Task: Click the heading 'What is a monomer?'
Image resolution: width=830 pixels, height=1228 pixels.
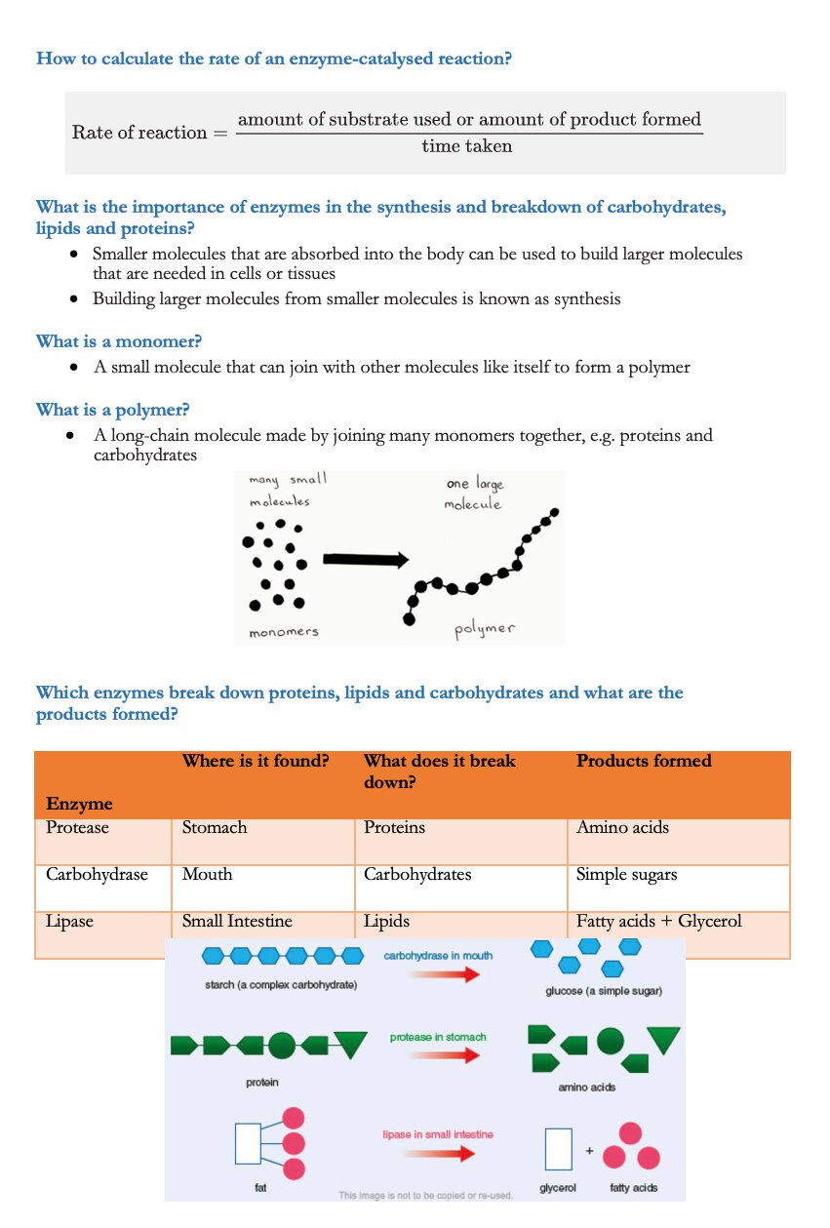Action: point(111,341)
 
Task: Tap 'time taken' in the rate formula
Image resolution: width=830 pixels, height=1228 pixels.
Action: point(466,146)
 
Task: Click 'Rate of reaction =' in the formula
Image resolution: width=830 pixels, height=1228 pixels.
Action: point(149,133)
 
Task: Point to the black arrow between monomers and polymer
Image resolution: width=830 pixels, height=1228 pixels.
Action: point(364,559)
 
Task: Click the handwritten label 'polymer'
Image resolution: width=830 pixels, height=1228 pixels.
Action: point(485,628)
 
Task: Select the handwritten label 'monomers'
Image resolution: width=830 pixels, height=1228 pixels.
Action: point(283,632)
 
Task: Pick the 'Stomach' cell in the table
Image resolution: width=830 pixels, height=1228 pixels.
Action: point(215,827)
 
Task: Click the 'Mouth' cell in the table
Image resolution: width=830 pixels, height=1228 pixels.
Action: point(206,874)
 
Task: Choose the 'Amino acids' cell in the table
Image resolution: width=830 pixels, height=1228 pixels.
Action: point(622,827)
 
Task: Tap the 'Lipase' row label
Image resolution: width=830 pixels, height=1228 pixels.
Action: point(69,921)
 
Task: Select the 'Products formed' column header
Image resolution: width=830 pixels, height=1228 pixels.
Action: point(644,761)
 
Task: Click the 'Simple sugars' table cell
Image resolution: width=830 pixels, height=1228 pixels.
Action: point(626,874)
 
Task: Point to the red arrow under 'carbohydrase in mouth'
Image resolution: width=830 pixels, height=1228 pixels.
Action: point(445,974)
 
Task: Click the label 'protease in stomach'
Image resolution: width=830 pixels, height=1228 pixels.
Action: point(438,1037)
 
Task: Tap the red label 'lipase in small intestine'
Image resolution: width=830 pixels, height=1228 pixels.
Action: point(438,1134)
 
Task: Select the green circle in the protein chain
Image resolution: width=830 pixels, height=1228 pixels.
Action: point(281,1046)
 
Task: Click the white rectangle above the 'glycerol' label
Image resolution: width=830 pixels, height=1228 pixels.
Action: point(557,1149)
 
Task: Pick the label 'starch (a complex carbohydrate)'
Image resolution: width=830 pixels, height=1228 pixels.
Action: point(281,985)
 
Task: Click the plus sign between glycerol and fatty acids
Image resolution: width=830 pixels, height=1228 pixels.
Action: point(589,1151)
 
